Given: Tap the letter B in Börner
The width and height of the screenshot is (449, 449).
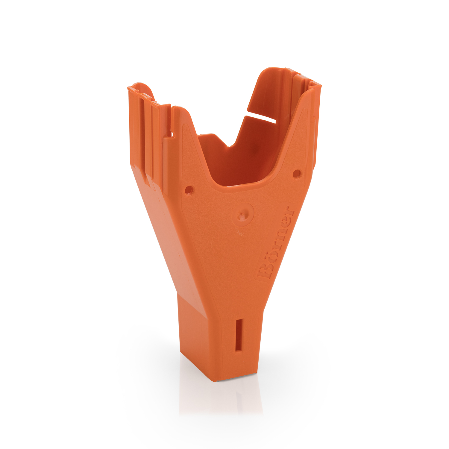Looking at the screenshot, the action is pyautogui.click(x=264, y=272).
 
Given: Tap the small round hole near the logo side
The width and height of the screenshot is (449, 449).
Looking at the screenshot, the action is pyautogui.click(x=297, y=173).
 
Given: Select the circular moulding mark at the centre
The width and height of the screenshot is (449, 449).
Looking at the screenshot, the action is pyautogui.click(x=243, y=214).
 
